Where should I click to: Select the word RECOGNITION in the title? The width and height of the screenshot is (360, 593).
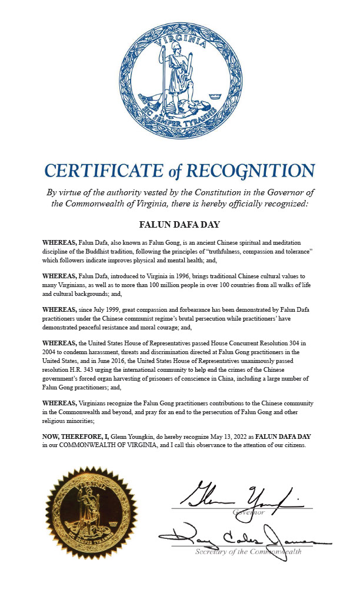(x=251, y=171)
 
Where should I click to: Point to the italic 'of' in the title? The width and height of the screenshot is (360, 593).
(x=174, y=171)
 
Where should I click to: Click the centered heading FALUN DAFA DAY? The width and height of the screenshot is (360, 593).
(x=179, y=224)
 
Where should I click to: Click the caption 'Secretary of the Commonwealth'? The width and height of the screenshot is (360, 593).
(x=248, y=552)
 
